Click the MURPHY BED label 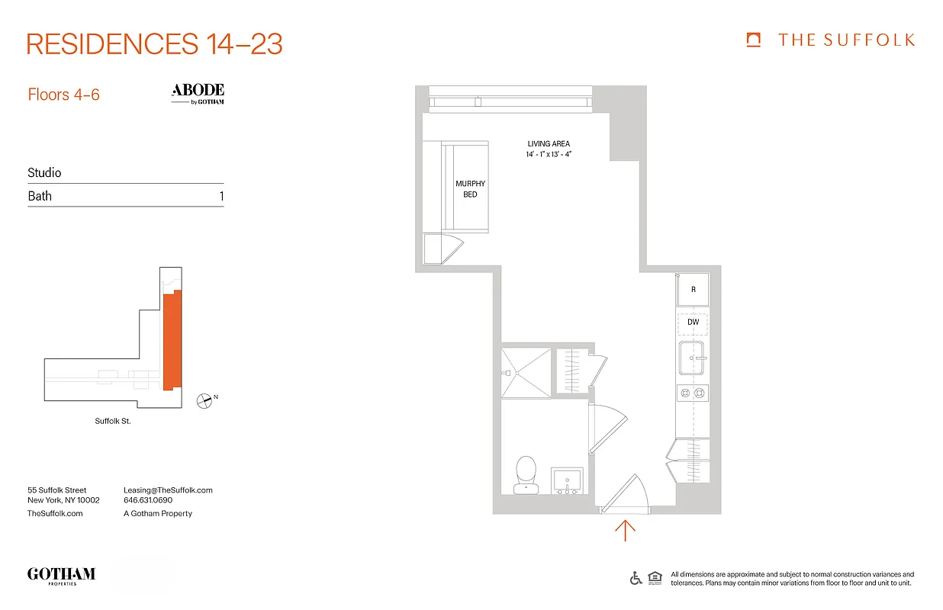[x=470, y=189]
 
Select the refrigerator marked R [x=693, y=290]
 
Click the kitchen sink [x=692, y=358]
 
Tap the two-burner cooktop [x=692, y=393]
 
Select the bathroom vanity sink [x=567, y=480]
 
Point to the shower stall [x=525, y=372]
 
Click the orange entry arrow [x=625, y=530]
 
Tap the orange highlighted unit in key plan [x=172, y=340]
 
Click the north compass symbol [x=204, y=399]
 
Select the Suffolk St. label [x=113, y=421]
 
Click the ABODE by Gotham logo [x=198, y=94]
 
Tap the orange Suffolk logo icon [x=754, y=40]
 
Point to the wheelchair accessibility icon [x=636, y=578]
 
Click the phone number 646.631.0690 [x=148, y=501]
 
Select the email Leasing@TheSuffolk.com [x=168, y=490]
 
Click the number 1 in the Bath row [x=221, y=196]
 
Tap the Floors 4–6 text [x=63, y=95]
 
